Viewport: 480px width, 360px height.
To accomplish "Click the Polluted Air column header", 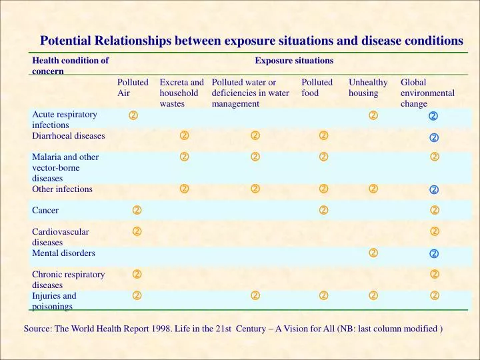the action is click(133, 87).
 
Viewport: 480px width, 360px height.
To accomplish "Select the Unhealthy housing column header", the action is click(368, 87).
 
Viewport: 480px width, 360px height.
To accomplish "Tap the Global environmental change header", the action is click(427, 93).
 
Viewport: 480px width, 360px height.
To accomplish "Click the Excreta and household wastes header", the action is click(181, 93).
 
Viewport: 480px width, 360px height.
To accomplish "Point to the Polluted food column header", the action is click(317, 87).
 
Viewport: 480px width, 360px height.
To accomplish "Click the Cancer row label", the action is click(45, 210).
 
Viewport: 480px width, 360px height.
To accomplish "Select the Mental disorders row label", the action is click(63, 253).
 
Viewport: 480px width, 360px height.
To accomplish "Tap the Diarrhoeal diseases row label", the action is click(68, 135).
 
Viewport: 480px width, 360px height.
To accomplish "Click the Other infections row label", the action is click(62, 189).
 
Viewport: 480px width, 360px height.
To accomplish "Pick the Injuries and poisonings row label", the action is click(54, 301).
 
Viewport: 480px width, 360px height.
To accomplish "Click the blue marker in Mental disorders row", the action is click(434, 254).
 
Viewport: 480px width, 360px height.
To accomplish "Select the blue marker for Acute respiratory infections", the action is click(433, 116).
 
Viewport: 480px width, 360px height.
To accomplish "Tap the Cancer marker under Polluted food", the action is click(323, 210).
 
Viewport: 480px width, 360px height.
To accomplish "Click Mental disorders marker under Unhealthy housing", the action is click(373, 253).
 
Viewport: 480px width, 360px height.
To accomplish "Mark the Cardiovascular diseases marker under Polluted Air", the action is click(137, 231).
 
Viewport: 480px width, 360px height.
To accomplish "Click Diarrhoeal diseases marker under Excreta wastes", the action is click(184, 135).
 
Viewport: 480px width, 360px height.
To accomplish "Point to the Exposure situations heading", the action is click(294, 61).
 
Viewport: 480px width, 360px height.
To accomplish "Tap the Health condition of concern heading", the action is click(70, 66).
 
